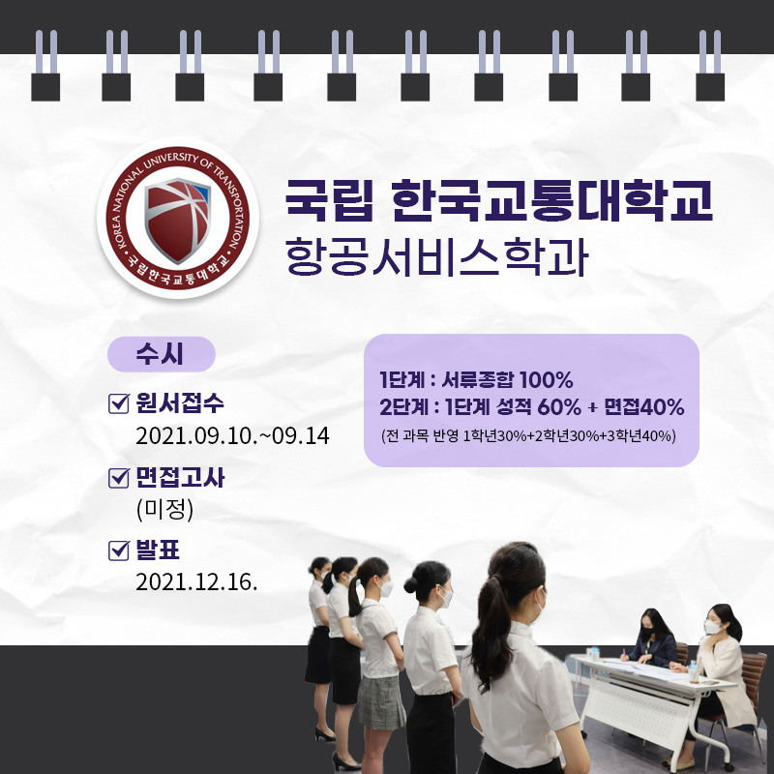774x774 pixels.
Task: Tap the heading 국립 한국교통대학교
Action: point(499,200)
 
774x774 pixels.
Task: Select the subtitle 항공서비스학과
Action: point(437,256)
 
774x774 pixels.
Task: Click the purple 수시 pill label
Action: point(161,354)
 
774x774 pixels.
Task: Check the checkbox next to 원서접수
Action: point(118,403)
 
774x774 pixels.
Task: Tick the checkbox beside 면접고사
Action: point(118,477)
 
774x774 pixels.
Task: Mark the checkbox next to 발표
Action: point(118,551)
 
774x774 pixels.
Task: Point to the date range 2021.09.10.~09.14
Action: point(232,436)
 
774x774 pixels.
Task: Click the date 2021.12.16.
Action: point(196,582)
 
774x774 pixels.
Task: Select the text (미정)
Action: point(164,510)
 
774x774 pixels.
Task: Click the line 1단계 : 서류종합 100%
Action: point(476,380)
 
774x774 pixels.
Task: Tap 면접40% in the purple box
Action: point(644,407)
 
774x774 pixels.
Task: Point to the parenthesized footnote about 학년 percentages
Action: point(528,436)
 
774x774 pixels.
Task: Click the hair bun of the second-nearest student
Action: point(410,585)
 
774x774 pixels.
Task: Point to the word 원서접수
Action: point(180,403)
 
